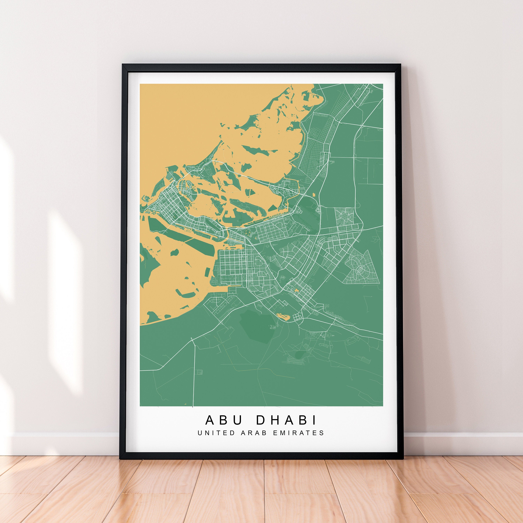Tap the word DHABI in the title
[286, 420]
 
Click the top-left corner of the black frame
[123, 65]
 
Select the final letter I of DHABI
[314, 420]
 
